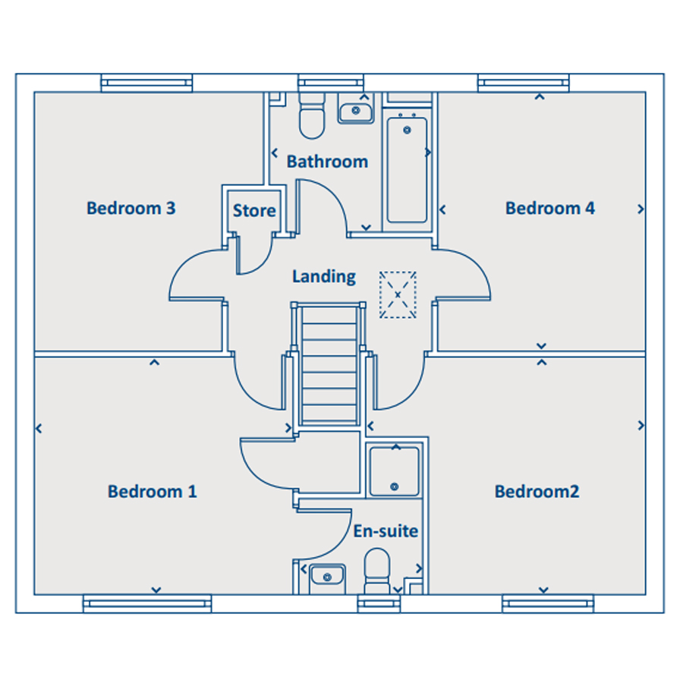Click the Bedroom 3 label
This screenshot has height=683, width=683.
coord(131,208)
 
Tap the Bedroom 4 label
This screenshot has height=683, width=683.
coord(549,208)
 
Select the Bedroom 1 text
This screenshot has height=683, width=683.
coord(152,491)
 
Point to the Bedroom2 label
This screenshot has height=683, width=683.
coord(537,491)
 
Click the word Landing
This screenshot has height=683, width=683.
coord(324,276)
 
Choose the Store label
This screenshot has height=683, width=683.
coord(254,211)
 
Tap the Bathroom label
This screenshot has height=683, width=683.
coord(327,162)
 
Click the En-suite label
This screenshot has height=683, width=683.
coord(386,531)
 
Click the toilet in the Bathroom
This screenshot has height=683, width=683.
coord(312,115)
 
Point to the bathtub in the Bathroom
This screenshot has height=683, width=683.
coord(408,170)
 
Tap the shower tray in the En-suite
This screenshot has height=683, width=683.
coord(394,471)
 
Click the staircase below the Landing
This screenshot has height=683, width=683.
coord(330,364)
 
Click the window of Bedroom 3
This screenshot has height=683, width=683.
coord(146,83)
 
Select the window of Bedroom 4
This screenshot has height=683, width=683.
coord(524,83)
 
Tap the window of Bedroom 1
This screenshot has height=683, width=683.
coord(147,604)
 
